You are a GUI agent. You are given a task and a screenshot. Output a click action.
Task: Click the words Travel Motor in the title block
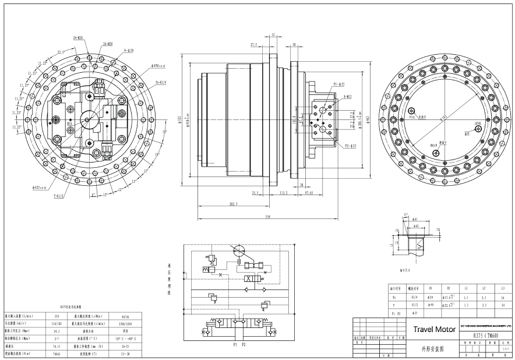[x=434, y=329]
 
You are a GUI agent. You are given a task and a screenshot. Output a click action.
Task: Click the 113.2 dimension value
[x=284, y=192]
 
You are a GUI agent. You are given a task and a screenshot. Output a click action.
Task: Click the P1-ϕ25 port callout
[x=340, y=85]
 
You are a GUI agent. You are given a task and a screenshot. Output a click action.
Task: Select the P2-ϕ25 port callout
[x=350, y=146]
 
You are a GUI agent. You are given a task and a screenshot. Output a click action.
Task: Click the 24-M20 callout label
[x=78, y=37]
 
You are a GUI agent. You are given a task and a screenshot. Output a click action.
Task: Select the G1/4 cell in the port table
[x=414, y=297]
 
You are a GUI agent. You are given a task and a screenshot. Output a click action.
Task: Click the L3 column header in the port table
[x=503, y=288]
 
